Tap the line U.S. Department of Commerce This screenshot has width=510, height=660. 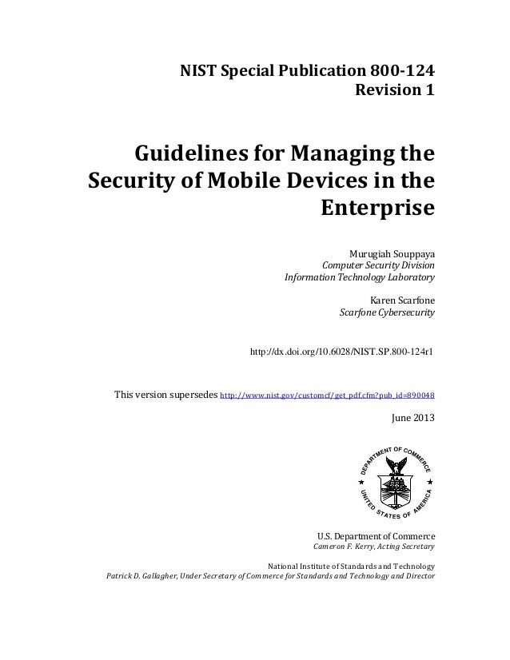pyautogui.click(x=376, y=535)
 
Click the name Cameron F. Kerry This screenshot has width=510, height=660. pyautogui.click(x=344, y=547)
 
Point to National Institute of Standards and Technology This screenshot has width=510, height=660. pyautogui.click(x=353, y=566)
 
